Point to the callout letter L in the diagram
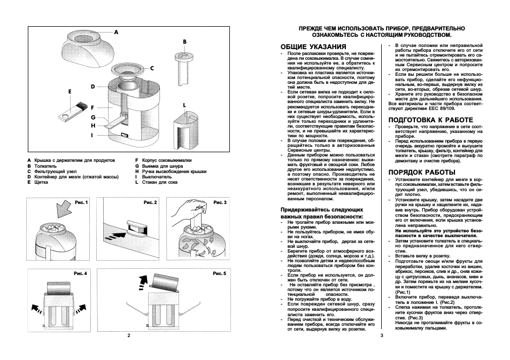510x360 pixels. pyautogui.click(x=184, y=105)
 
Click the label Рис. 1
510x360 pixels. pyautogui.click(x=81, y=202)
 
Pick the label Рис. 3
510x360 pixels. pyautogui.click(x=220, y=202)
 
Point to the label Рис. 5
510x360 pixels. pyautogui.click(x=220, y=273)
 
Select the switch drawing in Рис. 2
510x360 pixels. pyautogui.click(x=137, y=228)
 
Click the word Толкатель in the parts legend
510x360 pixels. pyautogui.click(x=46, y=166)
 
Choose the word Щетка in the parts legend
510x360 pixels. pyautogui.click(x=41, y=182)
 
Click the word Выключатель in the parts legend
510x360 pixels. pyautogui.click(x=156, y=177)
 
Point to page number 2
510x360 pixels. pyautogui.click(x=129, y=336)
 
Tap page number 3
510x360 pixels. pyautogui.click(x=381, y=336)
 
